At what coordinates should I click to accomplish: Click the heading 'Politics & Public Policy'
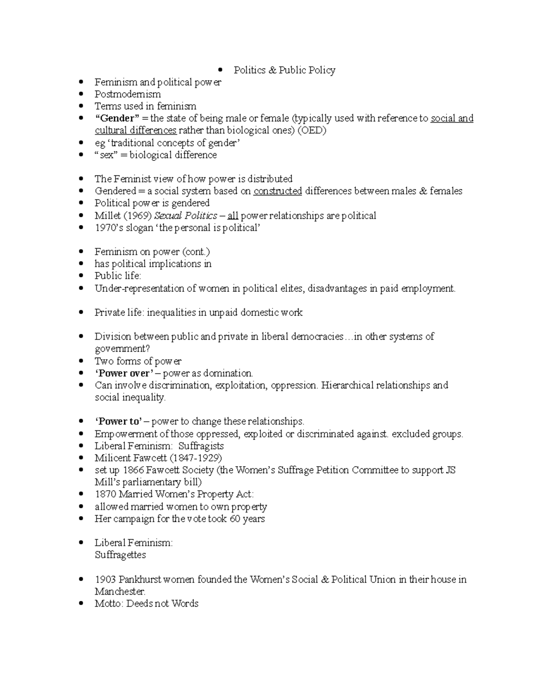coord(284,70)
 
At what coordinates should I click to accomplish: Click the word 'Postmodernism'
coord(127,94)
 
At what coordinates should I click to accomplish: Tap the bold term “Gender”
coord(114,118)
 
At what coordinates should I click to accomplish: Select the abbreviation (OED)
coord(312,130)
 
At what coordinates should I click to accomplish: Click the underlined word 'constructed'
coord(278,191)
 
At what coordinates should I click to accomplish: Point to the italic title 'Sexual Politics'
coord(185,216)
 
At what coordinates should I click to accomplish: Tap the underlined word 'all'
coord(233,216)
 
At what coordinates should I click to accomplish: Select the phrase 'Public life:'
coord(117,276)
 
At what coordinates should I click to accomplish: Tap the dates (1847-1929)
coord(197,458)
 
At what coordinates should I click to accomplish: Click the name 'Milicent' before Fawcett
coord(112,458)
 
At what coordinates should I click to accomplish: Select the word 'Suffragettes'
coord(120,555)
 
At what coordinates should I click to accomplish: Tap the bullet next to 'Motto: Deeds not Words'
coord(81,604)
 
